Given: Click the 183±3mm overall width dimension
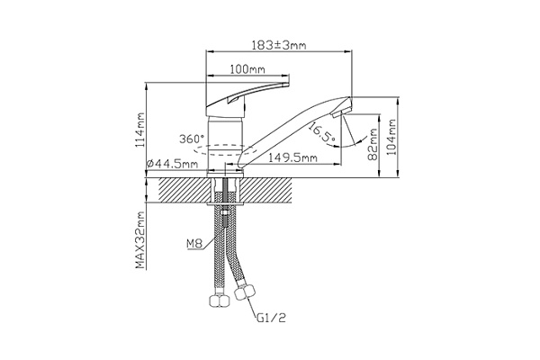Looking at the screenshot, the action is [x=279, y=45].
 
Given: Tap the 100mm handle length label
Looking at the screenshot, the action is [x=247, y=69].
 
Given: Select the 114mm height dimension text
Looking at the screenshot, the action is [x=140, y=130].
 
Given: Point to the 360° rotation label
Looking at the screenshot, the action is [x=192, y=139].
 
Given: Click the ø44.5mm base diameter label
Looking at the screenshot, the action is [x=172, y=164].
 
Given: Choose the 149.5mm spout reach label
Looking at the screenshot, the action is [x=292, y=157].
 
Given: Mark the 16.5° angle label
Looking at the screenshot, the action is [x=321, y=133].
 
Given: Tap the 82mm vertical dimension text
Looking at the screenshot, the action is [x=373, y=144].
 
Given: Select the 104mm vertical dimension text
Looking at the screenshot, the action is [x=391, y=138].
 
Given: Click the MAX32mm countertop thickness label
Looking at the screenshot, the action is [x=139, y=240].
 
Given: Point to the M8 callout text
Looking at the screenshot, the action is [x=193, y=244].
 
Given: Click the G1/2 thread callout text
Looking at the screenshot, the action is [x=271, y=318].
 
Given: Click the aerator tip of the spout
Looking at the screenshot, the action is [x=341, y=112].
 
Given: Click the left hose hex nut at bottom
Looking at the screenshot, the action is [x=220, y=301].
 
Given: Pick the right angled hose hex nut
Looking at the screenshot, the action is [x=245, y=292].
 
